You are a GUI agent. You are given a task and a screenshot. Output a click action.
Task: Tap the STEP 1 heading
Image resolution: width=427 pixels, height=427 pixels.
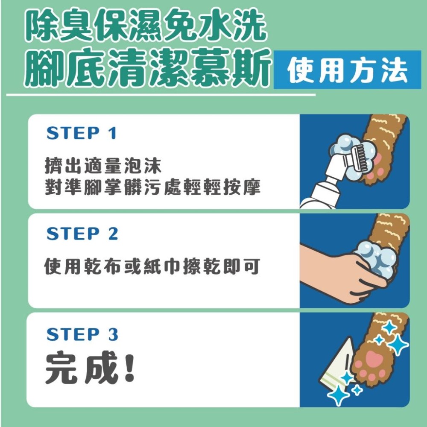(x=81, y=134)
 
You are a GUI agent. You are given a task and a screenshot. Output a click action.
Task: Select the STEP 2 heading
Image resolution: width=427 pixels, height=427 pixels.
(x=82, y=234)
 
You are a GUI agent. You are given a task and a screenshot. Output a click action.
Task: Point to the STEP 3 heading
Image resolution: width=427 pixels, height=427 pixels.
(x=82, y=334)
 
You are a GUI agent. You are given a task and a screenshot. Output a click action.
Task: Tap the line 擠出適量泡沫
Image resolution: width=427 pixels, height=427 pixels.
(x=103, y=164)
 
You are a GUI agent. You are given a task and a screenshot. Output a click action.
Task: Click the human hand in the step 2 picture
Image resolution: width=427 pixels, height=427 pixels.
(x=337, y=273)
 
